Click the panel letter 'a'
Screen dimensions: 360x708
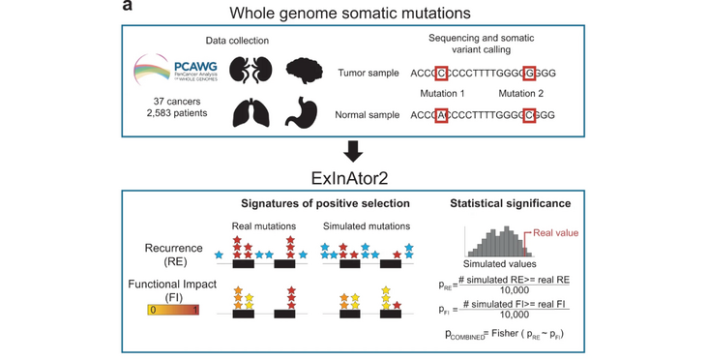(128, 7)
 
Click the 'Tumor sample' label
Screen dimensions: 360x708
(369, 74)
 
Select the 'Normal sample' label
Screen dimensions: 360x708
(369, 115)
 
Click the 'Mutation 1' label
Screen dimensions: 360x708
(442, 94)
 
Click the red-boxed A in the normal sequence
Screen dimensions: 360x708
(442, 115)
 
